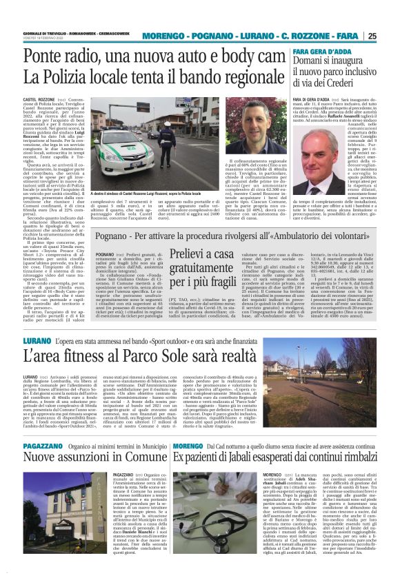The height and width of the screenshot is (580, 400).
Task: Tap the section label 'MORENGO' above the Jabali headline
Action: click(188, 466)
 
